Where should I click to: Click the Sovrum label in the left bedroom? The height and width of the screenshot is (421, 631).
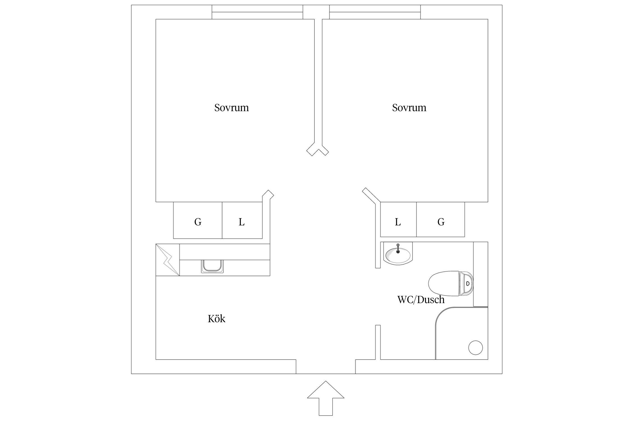point(231,108)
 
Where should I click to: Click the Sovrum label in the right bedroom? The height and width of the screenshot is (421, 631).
point(409,108)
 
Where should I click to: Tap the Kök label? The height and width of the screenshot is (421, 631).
point(217,319)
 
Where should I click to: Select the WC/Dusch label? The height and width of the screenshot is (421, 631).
point(421,300)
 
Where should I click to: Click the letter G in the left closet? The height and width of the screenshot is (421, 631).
point(198,222)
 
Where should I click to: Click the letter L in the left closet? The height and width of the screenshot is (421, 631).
point(241,222)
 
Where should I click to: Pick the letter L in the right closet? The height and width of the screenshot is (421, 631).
point(398,222)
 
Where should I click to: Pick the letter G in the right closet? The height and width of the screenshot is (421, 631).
point(441,222)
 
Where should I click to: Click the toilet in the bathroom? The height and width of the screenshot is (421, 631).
point(451,283)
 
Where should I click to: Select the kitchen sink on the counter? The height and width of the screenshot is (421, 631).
point(212,266)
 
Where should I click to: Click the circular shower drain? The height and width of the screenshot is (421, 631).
point(475,347)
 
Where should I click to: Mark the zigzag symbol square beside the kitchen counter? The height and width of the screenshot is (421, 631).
point(168,260)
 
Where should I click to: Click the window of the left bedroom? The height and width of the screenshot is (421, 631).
point(257,12)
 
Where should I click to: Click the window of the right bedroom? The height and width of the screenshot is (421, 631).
point(375,12)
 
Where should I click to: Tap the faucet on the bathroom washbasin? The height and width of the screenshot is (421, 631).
point(398,249)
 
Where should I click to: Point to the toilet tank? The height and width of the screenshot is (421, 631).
point(466,283)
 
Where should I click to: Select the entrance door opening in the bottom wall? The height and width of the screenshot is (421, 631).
point(326,367)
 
